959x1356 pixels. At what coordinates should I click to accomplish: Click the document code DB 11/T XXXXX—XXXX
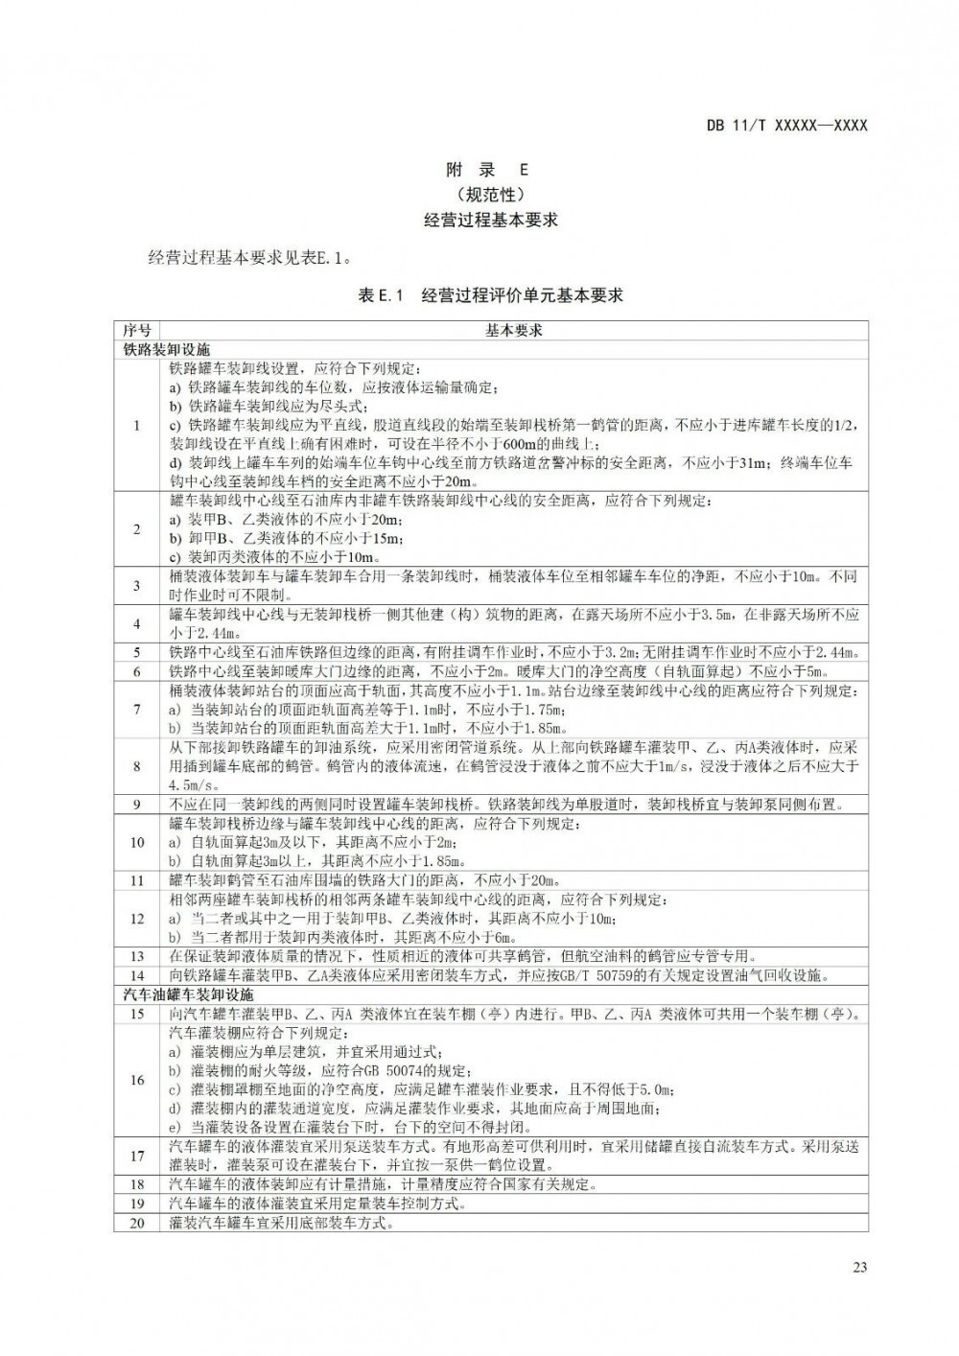786,126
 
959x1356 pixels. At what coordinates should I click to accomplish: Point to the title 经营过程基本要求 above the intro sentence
490,220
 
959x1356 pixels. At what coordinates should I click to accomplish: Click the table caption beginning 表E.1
490,295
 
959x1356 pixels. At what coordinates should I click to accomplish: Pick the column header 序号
136,330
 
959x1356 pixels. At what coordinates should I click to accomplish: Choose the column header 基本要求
513,330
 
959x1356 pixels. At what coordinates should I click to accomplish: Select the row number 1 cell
136,425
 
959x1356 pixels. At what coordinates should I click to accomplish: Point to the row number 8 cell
136,766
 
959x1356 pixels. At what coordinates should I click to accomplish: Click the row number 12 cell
136,919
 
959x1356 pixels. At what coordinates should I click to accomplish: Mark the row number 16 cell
136,1080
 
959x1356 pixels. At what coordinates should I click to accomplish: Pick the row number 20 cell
136,1223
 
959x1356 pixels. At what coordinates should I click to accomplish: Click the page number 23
859,1268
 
